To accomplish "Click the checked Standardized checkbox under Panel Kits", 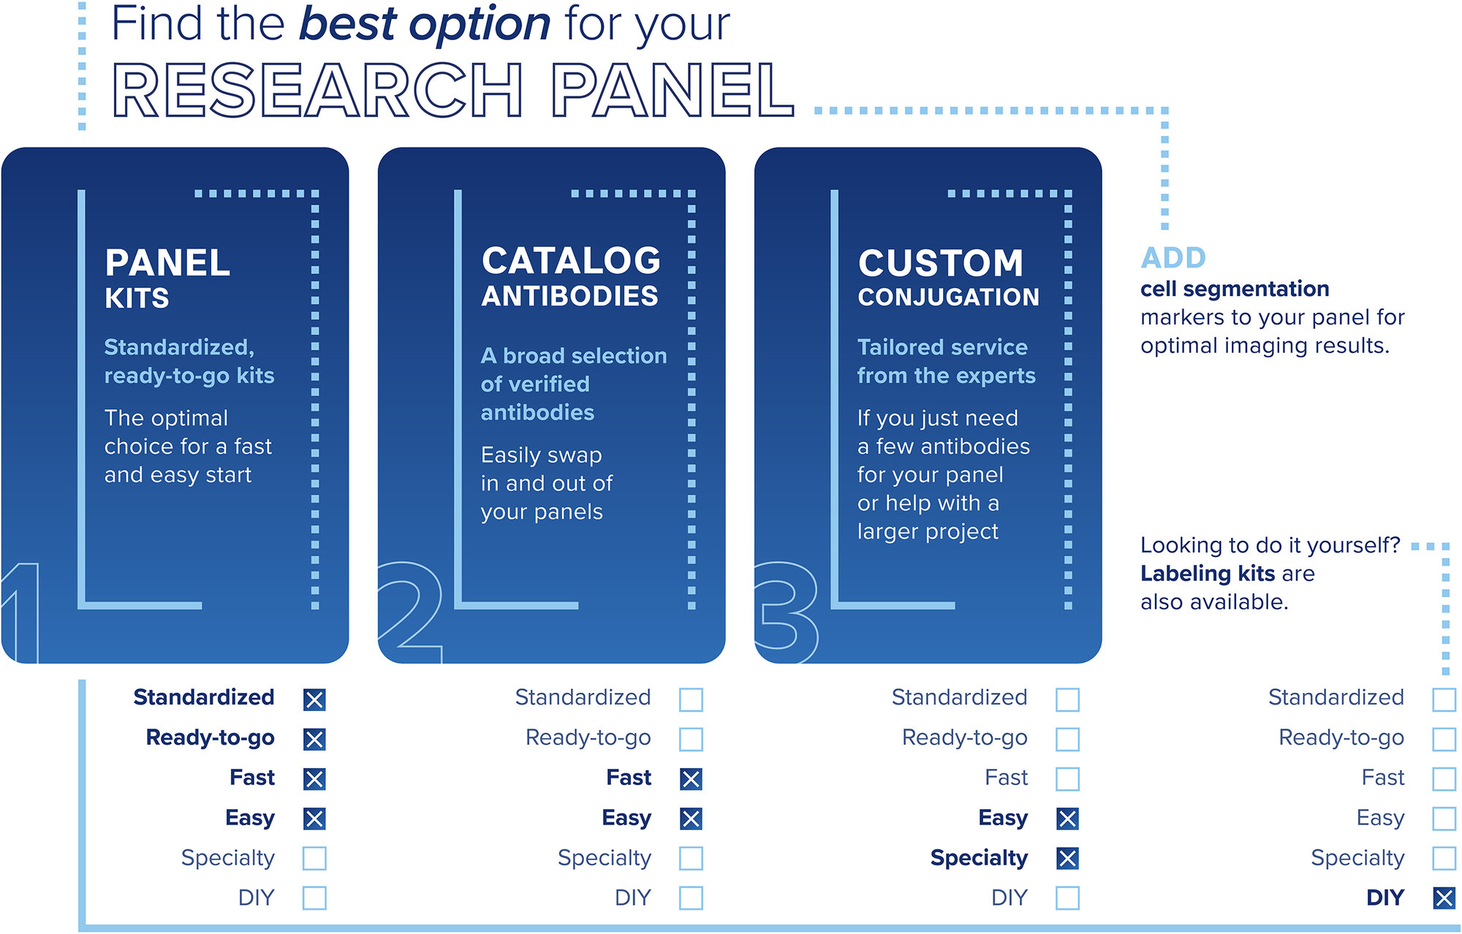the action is pos(314,699).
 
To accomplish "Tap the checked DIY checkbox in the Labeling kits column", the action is pos(1444,897).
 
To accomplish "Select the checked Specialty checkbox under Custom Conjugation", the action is pos(1067,858).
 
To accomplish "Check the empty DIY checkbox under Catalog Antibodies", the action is pos(691,897).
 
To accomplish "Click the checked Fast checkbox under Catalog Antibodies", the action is pos(691,779).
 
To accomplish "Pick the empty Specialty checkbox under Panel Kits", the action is pos(314,858).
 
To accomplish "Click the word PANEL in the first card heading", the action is pos(167,263).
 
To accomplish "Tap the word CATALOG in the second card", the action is pos(571,261).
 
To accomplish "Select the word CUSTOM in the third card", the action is pos(941,263).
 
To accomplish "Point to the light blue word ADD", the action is pos(1173,258).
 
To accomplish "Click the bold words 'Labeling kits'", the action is pos(1207,574).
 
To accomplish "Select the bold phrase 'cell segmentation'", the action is pos(1235,289).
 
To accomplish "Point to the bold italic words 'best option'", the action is pos(425,24).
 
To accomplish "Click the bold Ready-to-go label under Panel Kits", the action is pos(211,737).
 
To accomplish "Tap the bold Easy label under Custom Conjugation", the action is pos(1003,818).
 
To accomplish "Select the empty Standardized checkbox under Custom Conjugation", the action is pos(1067,699).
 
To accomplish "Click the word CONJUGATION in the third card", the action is pos(949,297).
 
